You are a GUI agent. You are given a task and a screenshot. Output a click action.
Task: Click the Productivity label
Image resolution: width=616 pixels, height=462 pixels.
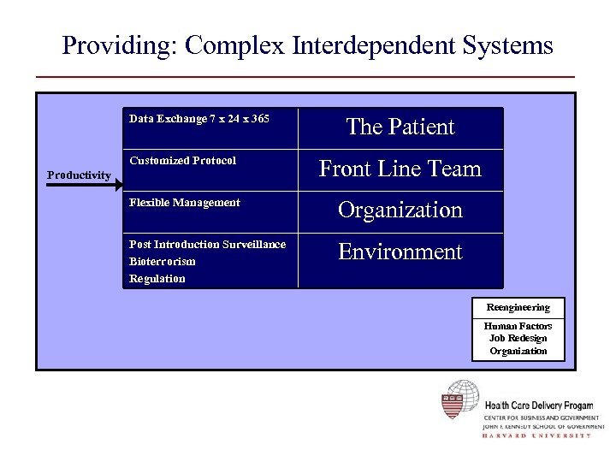tap(79, 175)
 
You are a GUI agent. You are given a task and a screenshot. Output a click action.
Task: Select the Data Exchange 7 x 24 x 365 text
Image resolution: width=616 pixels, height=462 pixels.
tap(198, 119)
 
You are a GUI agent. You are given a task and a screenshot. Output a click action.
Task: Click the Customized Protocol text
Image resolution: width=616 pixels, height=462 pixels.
tap(182, 161)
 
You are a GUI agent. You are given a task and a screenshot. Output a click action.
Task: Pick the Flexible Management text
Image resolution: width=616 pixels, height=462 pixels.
tap(184, 203)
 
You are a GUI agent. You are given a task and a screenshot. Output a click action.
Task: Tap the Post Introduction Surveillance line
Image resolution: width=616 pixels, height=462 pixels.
tap(207, 245)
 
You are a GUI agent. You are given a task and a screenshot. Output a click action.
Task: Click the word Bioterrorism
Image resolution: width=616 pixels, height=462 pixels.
tap(162, 262)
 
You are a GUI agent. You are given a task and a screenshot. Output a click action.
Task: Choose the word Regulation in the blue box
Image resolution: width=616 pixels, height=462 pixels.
tap(157, 279)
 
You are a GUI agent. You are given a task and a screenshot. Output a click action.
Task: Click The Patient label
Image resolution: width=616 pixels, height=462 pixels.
tap(400, 127)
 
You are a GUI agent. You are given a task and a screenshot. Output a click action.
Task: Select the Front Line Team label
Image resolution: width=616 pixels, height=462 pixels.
tap(400, 169)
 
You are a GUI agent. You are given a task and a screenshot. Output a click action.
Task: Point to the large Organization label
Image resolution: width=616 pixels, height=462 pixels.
tap(400, 210)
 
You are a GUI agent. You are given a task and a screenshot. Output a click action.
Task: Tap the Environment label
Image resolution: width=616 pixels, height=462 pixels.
tap(400, 252)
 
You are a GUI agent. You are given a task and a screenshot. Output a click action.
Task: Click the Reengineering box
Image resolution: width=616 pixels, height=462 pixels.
tap(518, 307)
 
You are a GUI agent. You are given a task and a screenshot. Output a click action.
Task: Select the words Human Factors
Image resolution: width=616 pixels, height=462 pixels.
tap(518, 326)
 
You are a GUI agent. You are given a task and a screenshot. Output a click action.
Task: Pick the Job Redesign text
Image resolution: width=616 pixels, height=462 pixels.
tap(518, 338)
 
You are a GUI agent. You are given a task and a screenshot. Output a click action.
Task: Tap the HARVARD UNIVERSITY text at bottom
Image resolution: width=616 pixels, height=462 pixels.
tap(536, 435)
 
